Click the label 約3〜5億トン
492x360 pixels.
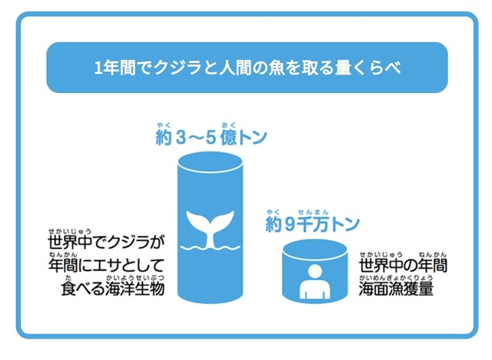coord(209,138)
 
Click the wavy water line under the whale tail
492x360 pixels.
coord(209,248)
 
